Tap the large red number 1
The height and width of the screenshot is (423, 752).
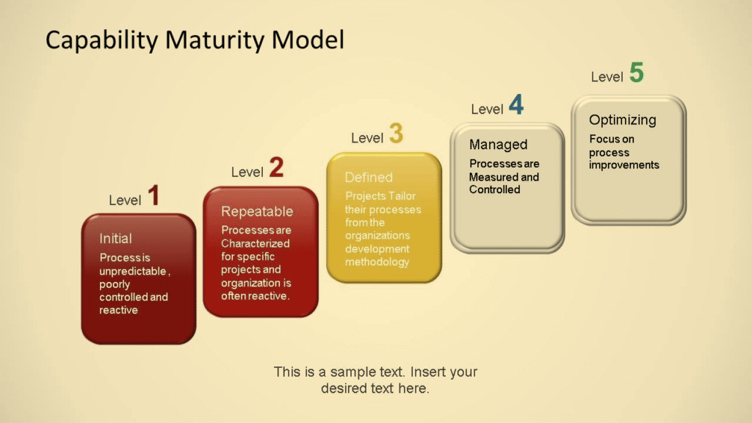pyautogui.click(x=153, y=196)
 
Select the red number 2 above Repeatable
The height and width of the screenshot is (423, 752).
pyautogui.click(x=275, y=168)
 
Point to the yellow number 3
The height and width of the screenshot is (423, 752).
pyautogui.click(x=396, y=134)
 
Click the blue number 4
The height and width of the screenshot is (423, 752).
pyautogui.click(x=516, y=106)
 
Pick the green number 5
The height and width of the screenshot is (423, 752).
pyautogui.click(x=636, y=73)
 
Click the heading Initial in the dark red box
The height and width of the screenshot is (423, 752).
pyautogui.click(x=116, y=239)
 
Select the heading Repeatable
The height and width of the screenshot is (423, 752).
pyautogui.click(x=257, y=211)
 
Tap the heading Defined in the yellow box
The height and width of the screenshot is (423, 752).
pyautogui.click(x=369, y=178)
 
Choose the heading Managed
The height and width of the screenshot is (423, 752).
pyautogui.click(x=498, y=145)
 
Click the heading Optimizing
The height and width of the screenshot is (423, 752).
pyautogui.click(x=623, y=120)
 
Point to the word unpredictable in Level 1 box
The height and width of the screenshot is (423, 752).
pyautogui.click(x=134, y=271)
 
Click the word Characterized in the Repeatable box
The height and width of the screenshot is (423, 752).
pyautogui.click(x=256, y=244)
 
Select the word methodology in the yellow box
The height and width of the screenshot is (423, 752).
pyautogui.click(x=377, y=262)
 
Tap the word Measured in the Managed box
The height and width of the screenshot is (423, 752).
pyautogui.click(x=494, y=177)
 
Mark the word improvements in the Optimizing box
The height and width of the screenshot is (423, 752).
pyautogui.click(x=623, y=165)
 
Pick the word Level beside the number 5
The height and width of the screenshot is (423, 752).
pyautogui.click(x=607, y=77)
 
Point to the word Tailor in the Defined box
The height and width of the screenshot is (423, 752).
pyautogui.click(x=402, y=196)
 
